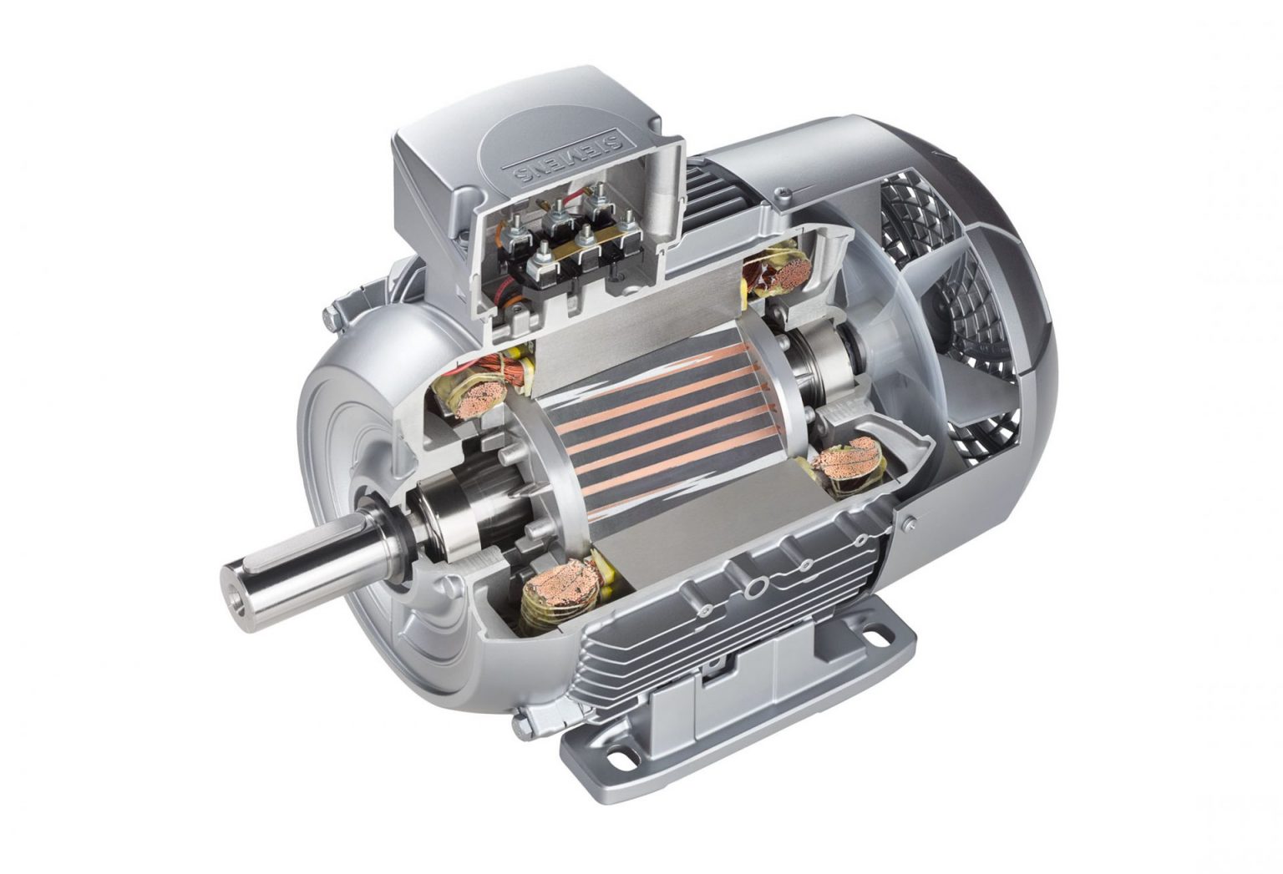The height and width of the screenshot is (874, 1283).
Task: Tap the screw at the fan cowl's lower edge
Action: pos(908,523)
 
